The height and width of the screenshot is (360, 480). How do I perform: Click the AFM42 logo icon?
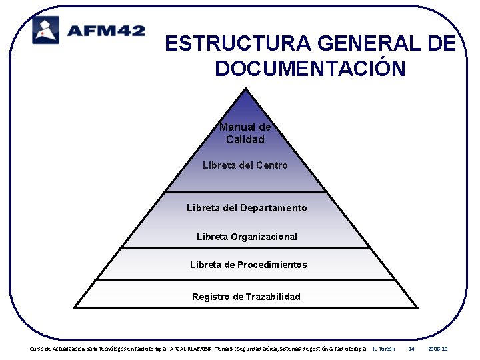coord(46,30)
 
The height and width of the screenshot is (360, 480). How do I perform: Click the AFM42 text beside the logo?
coord(105,31)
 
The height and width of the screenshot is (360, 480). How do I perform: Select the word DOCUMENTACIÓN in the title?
coord(310,68)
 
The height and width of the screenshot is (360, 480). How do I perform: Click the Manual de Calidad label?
coord(245,133)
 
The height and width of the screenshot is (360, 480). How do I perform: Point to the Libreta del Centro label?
coord(245,165)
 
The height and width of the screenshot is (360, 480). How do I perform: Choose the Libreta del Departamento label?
coord(247,208)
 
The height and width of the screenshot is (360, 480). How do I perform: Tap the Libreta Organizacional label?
coord(247,237)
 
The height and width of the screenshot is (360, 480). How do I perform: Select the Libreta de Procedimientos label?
coord(248,265)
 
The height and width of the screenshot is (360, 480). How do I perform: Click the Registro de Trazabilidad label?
coord(246,297)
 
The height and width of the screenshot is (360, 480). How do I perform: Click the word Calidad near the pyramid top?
coord(245,140)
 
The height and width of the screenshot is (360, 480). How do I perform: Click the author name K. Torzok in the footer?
coord(383,349)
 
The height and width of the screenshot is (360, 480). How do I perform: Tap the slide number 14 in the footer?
coord(411,349)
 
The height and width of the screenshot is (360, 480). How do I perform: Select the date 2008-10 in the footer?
coord(438,349)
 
